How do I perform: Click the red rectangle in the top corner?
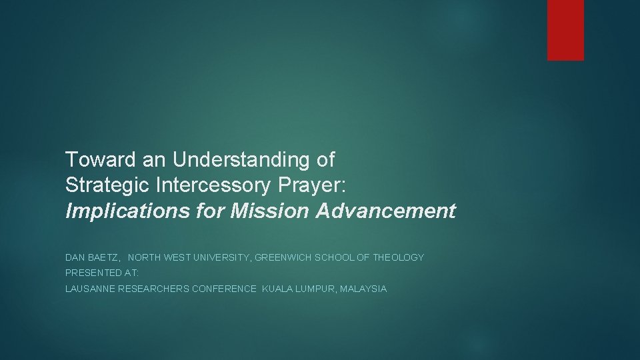click(x=565, y=30)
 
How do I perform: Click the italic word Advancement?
click(x=387, y=211)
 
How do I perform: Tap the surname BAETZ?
click(x=103, y=257)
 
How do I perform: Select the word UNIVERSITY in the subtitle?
click(x=214, y=257)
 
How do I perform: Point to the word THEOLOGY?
click(x=399, y=257)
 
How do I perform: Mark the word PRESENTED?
click(x=92, y=273)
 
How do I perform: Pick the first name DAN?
click(x=75, y=257)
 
